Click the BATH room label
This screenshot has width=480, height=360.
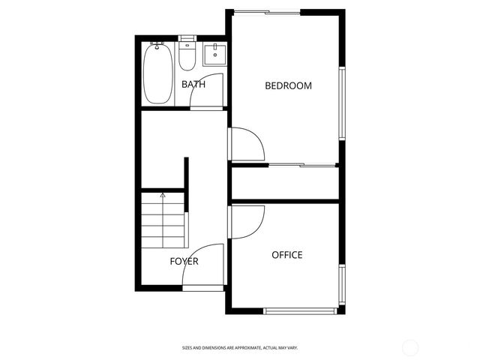(193, 85)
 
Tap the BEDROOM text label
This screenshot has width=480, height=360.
(288, 85)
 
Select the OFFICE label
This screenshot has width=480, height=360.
(286, 255)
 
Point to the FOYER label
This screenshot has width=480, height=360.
(184, 261)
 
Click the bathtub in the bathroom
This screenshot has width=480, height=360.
(157, 73)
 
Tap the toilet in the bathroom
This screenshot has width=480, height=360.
(187, 55)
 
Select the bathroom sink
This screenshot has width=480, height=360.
(215, 53)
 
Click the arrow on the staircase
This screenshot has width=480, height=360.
(163, 197)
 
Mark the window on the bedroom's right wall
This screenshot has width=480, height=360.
(342, 103)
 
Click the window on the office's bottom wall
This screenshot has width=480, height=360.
(301, 310)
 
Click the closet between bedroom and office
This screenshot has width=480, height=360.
(285, 183)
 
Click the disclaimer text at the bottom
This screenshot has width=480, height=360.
(240, 347)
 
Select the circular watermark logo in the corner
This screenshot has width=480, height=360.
(410, 347)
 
